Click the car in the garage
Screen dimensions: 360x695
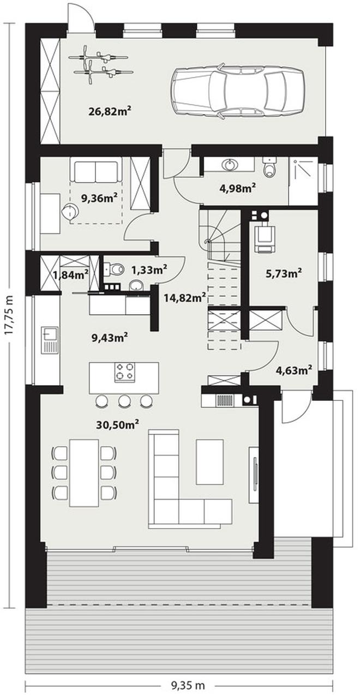point(237,91)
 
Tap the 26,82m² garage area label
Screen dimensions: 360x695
point(109,111)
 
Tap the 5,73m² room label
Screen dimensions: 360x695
point(284,273)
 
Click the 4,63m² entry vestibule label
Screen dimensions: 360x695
point(293,370)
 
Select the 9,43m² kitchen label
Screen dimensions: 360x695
point(110,337)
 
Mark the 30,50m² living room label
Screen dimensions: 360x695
point(117,425)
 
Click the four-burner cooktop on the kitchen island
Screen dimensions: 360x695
point(125,372)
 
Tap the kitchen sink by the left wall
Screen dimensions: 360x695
point(49,340)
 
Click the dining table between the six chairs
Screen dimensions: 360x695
point(84,472)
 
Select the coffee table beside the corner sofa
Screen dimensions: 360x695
point(209,462)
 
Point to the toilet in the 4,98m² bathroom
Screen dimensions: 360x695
point(269,166)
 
